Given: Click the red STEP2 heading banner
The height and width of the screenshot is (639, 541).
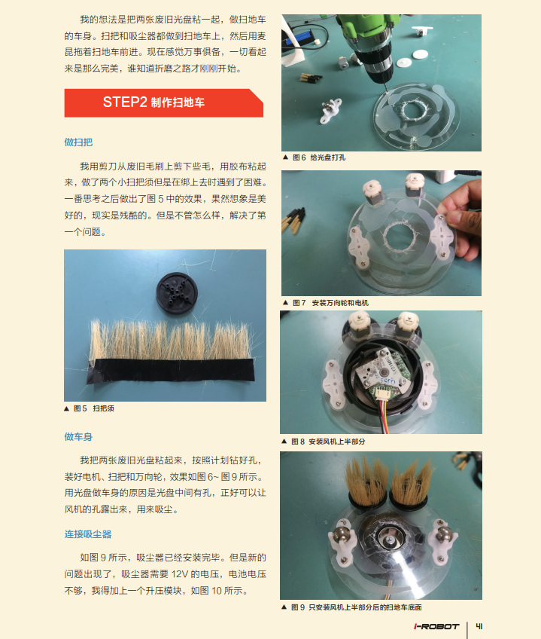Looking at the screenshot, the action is click(x=163, y=102).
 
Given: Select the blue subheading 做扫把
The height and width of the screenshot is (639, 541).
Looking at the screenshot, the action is click(x=78, y=142).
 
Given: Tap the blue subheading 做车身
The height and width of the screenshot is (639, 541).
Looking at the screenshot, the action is click(x=78, y=437).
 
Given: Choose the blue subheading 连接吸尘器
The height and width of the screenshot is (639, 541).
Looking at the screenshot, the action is click(x=88, y=534).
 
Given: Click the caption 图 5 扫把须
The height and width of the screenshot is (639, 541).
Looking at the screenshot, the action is click(x=89, y=408).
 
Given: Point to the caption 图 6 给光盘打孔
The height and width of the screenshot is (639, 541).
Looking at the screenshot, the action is click(x=314, y=157).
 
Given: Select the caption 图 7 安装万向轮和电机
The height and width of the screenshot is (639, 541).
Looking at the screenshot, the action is click(x=326, y=303).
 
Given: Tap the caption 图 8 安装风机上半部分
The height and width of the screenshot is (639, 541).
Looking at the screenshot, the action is click(x=324, y=442).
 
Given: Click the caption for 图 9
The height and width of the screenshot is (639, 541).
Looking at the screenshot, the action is click(x=351, y=607).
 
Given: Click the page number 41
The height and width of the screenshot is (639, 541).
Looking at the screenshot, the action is click(x=479, y=626).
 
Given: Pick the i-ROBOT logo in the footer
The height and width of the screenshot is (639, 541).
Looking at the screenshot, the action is click(x=436, y=626).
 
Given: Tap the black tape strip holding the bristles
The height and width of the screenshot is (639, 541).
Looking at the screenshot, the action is click(x=171, y=371).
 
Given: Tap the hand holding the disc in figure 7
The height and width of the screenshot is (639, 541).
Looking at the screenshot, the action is click(x=462, y=218).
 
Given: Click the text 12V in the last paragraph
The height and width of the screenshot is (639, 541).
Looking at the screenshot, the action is click(x=179, y=574).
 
